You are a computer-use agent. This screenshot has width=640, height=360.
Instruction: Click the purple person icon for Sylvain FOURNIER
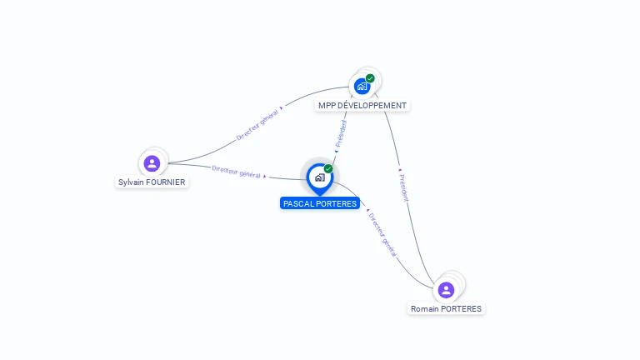pos(152,163)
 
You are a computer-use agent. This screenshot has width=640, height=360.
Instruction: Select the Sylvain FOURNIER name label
pos(152,182)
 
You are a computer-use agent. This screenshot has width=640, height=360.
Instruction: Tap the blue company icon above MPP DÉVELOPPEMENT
pos(362,86)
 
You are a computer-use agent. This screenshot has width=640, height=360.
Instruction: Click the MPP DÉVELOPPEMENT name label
pos(362,106)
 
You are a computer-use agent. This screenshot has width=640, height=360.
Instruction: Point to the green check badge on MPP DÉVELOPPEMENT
pos(370,78)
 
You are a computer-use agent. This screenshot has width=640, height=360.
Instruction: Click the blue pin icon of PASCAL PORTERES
pos(319,177)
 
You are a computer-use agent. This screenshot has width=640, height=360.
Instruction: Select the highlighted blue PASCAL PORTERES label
pos(320,203)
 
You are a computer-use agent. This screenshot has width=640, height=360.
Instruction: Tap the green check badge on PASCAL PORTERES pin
pos(328,168)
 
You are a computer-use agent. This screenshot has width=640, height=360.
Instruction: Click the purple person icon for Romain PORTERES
pos(446,290)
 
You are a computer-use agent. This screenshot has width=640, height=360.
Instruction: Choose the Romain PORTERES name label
pos(446,308)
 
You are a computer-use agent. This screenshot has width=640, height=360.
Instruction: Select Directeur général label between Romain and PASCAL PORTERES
pos(382,233)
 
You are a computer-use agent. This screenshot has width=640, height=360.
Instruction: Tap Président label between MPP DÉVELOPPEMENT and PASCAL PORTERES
pos(341,133)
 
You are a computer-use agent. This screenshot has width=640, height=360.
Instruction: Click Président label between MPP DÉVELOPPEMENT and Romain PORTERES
pos(403,188)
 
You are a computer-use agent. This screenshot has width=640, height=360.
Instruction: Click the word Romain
pos(425,308)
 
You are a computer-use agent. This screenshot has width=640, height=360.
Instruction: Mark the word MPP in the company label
pos(327,106)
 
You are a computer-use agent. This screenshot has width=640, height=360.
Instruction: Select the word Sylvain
pos(131,182)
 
